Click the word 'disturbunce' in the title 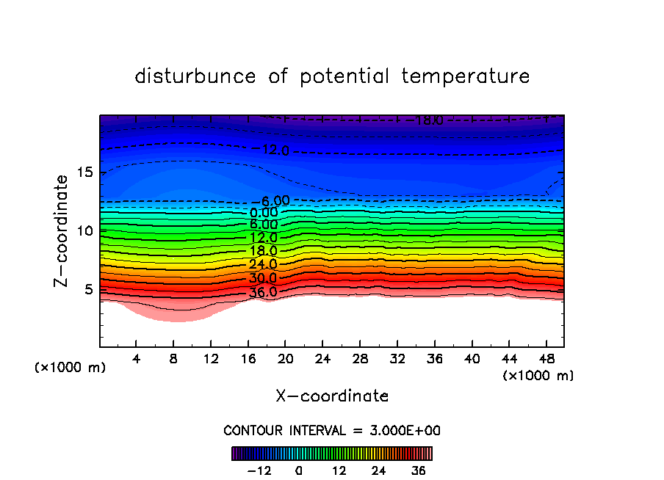click(196, 76)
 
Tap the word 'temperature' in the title click(466, 76)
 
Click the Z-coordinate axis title click(63, 230)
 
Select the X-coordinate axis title click(332, 396)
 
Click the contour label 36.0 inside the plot click(264, 292)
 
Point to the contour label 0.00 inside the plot click(264, 213)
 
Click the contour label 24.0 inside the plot click(264, 265)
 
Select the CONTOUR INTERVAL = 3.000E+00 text click(332, 431)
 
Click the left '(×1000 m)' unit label click(71, 368)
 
